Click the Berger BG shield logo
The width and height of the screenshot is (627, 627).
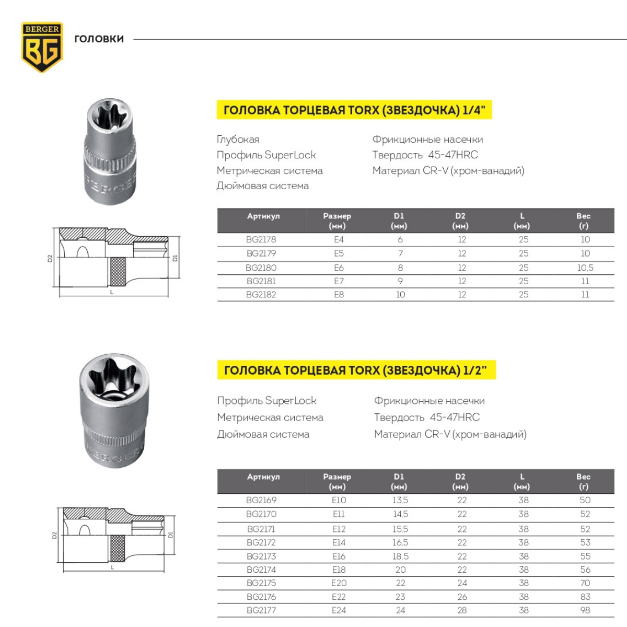(x=42, y=47)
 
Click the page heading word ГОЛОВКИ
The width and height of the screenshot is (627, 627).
(x=99, y=39)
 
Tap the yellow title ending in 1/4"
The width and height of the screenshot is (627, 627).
(x=354, y=110)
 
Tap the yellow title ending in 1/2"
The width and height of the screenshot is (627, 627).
(x=355, y=370)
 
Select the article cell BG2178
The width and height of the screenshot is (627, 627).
(x=261, y=239)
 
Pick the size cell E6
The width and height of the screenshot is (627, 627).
(x=339, y=268)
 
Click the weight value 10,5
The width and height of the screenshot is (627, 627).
(x=585, y=268)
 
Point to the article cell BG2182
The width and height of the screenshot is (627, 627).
(x=261, y=295)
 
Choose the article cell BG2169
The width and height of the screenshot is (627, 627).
(x=261, y=500)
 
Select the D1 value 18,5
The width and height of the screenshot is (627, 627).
(x=400, y=556)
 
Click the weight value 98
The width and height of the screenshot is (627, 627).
(x=585, y=610)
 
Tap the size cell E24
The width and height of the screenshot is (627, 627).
(x=339, y=610)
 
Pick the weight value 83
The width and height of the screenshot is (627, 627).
(x=585, y=597)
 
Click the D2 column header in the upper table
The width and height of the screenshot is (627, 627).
(x=460, y=220)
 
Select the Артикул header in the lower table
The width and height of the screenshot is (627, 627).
(x=263, y=477)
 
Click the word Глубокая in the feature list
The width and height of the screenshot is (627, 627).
(x=238, y=140)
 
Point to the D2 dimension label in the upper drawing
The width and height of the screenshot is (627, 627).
(x=50, y=258)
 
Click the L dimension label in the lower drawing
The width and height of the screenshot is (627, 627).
(x=112, y=567)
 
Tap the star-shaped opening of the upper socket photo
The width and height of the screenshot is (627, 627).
(x=109, y=116)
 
